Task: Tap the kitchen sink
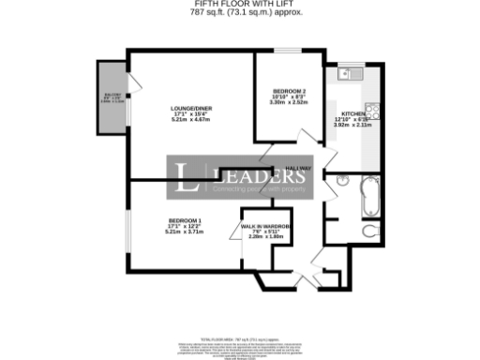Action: point(346,74)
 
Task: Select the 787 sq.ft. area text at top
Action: point(240,13)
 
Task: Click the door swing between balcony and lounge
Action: point(135,87)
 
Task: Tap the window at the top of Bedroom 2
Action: point(289,52)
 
